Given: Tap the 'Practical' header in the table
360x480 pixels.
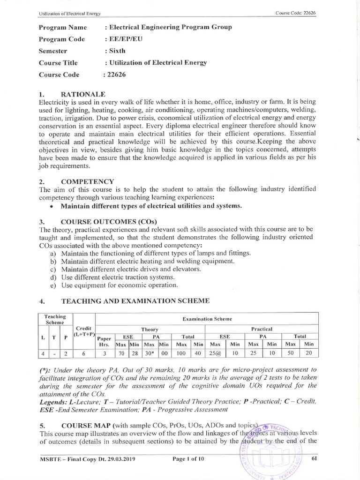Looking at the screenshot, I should pyautogui.click(x=261, y=329).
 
